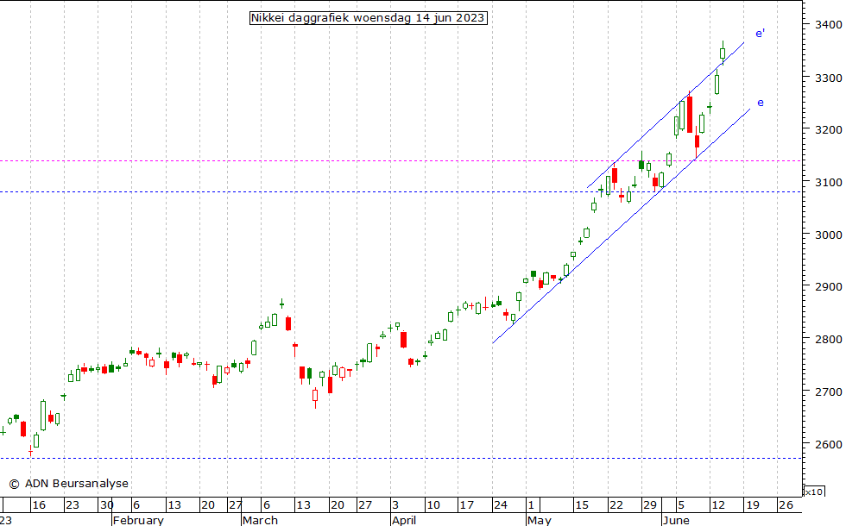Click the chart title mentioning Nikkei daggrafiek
[368, 18]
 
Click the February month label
[138, 520]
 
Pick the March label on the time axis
[260, 520]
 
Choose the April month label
[404, 520]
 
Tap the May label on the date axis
[538, 520]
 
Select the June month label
[677, 520]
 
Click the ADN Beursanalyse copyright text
[68, 484]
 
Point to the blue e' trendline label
[760, 34]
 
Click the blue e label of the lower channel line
[760, 103]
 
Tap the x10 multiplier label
[813, 492]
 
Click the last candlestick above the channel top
[723, 53]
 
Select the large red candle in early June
[689, 114]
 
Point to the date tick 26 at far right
[785, 505]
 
